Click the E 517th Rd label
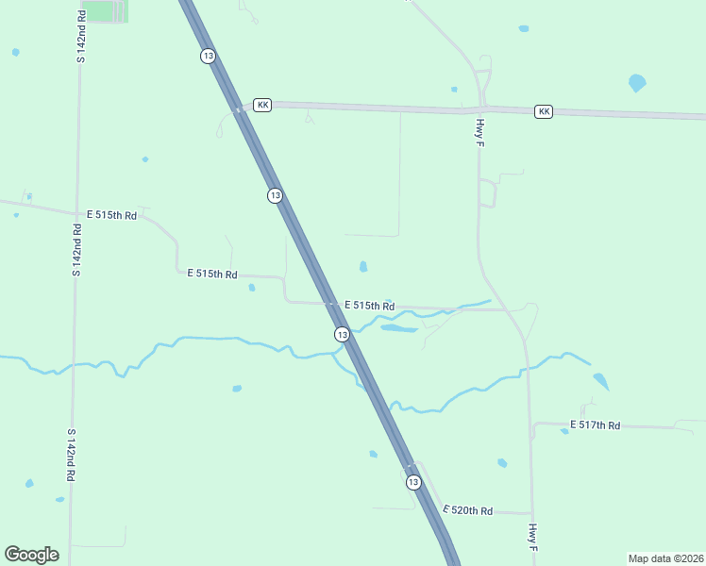[595, 426]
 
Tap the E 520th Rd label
[467, 510]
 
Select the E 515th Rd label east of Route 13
[369, 306]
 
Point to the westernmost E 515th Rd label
[111, 215]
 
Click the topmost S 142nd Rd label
[80, 37]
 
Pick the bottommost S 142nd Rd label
[70, 456]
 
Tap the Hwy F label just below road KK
[479, 132]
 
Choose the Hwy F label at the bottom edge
[533, 538]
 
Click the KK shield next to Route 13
[262, 105]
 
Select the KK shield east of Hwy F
[543, 111]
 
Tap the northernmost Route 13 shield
[208, 57]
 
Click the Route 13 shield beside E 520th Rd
[413, 482]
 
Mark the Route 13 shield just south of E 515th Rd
[342, 335]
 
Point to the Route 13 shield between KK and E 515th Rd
[275, 195]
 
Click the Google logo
[31, 555]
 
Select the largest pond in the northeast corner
[637, 83]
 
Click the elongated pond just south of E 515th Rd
[398, 329]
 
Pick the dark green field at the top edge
[108, 11]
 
